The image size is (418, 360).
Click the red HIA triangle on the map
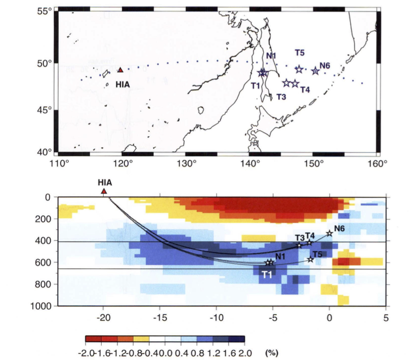pyautogui.click(x=120, y=70)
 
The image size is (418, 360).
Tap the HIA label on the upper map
pyautogui.click(x=122, y=84)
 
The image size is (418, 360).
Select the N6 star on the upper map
pyautogui.click(x=315, y=71)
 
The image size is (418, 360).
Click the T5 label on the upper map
pyautogui.click(x=300, y=53)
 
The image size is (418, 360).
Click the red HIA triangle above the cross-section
pyautogui.click(x=104, y=191)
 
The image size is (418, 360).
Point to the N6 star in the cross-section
pyautogui.click(x=329, y=233)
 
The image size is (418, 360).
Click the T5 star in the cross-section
pyautogui.click(x=311, y=259)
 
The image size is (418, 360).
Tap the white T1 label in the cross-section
pyautogui.click(x=267, y=275)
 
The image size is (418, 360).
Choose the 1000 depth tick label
pyautogui.click(x=44, y=306)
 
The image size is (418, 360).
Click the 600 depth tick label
pyautogui.click(x=46, y=262)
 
